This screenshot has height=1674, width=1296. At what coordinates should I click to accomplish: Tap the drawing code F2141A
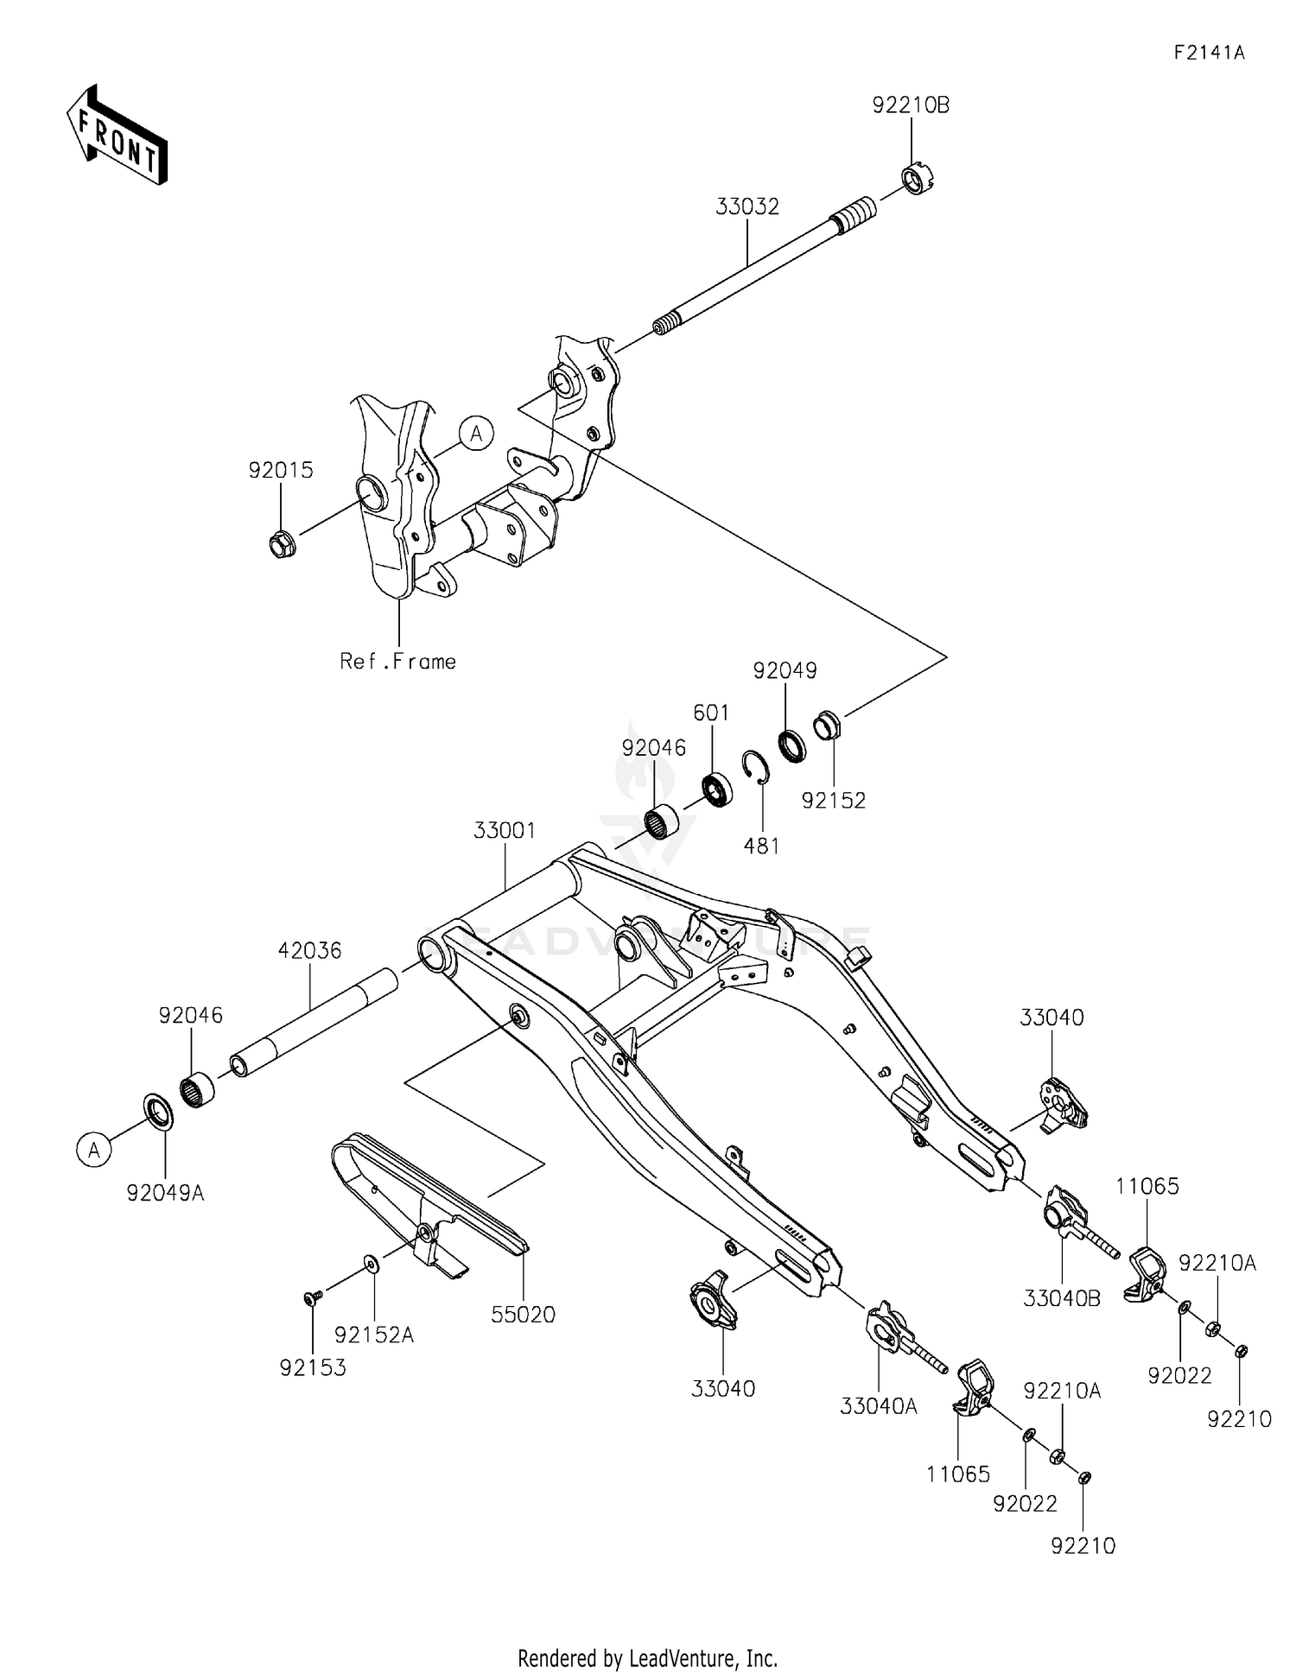1209,53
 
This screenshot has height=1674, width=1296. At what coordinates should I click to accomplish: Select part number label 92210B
911,106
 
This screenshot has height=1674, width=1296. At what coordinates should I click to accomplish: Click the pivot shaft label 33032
747,207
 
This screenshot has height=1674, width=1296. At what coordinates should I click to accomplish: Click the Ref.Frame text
398,662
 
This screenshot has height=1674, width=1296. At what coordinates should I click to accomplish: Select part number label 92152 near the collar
833,801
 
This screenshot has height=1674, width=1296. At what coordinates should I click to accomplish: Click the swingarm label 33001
505,831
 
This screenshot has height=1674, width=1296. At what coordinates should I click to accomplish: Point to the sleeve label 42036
309,951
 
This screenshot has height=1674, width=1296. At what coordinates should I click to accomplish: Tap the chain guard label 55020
524,1315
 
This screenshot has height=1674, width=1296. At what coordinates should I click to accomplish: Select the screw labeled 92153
313,1297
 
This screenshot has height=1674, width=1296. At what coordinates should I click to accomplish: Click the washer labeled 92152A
372,1265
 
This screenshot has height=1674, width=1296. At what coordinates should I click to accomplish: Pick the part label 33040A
878,1406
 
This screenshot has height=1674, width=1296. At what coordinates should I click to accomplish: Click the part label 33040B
1062,1298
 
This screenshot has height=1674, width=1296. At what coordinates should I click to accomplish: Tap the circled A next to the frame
476,434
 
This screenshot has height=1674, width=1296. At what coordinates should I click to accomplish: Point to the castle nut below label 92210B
918,180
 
